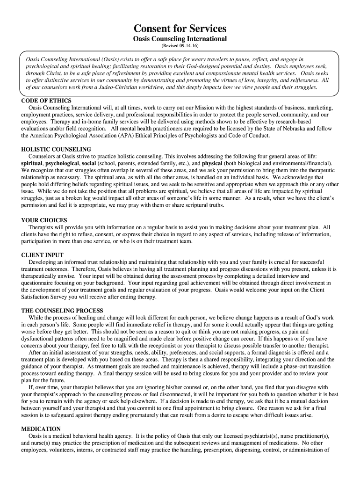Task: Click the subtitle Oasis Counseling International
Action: (x=180, y=38)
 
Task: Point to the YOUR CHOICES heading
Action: (x=44, y=220)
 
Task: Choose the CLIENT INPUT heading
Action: (x=43, y=255)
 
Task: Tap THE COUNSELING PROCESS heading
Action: (x=62, y=311)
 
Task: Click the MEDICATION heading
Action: (x=41, y=428)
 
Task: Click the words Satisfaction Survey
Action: (x=46, y=297)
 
